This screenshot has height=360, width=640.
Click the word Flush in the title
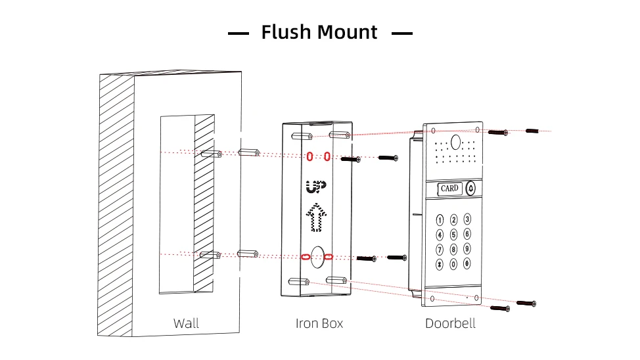click(x=286, y=32)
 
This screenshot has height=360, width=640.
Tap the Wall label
click(x=186, y=323)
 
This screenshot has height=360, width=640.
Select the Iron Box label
click(x=319, y=323)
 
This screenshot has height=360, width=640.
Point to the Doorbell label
click(x=450, y=323)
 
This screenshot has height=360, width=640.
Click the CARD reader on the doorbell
click(x=449, y=189)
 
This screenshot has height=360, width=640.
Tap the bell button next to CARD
click(x=470, y=189)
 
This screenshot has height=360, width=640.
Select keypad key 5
click(x=453, y=235)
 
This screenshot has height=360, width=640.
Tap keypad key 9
click(x=467, y=248)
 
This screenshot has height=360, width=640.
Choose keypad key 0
click(x=453, y=264)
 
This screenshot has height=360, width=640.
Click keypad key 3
click(x=467, y=219)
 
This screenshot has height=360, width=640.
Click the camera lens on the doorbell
click(x=455, y=141)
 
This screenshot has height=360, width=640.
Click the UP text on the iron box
click(x=315, y=187)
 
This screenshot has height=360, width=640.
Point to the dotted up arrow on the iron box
click(x=316, y=218)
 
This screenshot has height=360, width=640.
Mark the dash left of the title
click(x=239, y=33)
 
